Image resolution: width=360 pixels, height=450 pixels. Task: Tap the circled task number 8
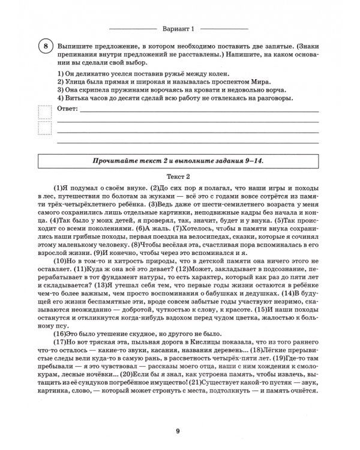(x=45, y=47)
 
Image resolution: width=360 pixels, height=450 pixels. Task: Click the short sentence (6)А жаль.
(x=153, y=228)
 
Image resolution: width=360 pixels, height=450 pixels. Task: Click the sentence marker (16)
(x=61, y=333)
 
